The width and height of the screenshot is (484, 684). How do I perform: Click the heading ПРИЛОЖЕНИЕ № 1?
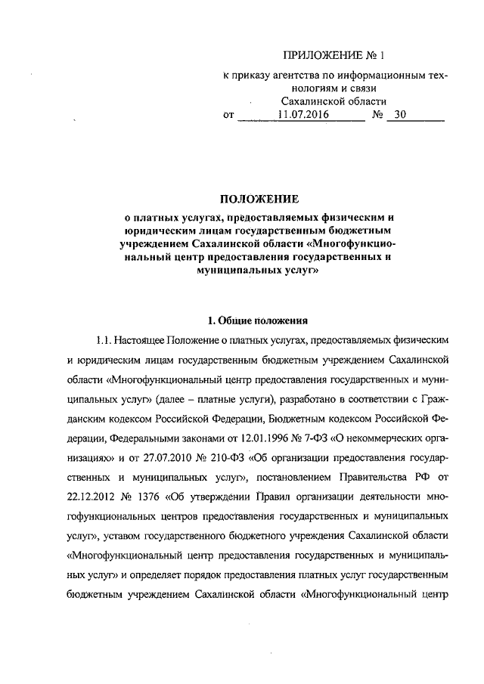pyautogui.click(x=334, y=55)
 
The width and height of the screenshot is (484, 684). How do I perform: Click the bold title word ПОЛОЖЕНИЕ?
pyautogui.click(x=259, y=200)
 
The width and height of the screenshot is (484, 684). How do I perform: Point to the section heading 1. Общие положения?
pyautogui.click(x=258, y=317)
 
